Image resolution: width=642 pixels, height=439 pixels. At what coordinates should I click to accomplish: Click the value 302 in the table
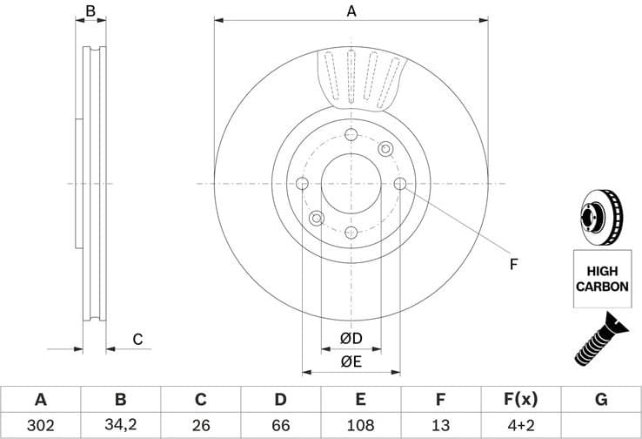click(40, 425)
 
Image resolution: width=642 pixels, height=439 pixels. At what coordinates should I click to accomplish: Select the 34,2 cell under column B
click(120, 425)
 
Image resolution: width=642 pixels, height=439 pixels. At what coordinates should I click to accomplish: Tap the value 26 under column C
click(200, 425)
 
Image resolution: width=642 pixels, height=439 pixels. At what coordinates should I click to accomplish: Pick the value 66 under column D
click(280, 425)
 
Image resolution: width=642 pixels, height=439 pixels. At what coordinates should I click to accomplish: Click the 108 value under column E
click(360, 425)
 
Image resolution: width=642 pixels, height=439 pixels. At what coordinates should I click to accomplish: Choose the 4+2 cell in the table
click(520, 425)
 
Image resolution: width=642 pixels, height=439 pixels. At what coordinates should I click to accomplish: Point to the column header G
click(601, 400)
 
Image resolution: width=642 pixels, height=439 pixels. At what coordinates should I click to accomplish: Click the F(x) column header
click(520, 400)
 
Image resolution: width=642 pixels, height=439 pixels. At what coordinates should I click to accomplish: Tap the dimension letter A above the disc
click(351, 11)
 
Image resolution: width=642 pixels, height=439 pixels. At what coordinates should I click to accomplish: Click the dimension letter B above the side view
click(90, 11)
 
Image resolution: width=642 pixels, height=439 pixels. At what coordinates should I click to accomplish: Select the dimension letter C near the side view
click(137, 339)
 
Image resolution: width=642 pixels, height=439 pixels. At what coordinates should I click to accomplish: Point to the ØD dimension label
click(351, 338)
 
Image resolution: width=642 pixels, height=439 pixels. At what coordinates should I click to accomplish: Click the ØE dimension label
click(351, 361)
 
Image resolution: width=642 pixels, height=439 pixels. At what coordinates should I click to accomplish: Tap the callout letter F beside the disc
click(513, 264)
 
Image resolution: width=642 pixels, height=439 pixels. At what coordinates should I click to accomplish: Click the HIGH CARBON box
click(601, 279)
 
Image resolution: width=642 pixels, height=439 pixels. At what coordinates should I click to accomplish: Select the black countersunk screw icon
click(601, 339)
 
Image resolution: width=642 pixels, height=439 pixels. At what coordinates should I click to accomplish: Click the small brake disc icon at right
click(600, 218)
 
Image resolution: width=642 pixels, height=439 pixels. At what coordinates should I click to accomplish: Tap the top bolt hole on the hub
click(351, 135)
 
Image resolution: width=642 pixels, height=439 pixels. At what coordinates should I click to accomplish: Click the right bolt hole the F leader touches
click(400, 183)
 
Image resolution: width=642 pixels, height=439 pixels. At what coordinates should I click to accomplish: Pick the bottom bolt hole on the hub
click(351, 232)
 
